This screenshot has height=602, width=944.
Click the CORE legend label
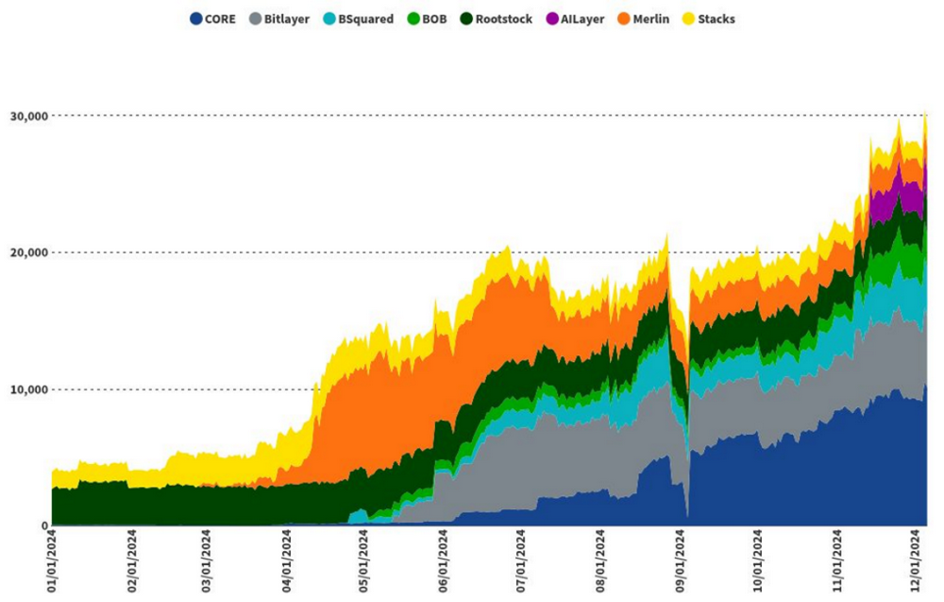(x=220, y=18)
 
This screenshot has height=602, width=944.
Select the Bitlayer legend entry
(x=287, y=18)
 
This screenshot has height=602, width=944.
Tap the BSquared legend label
(x=365, y=18)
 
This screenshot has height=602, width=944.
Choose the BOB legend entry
(x=434, y=18)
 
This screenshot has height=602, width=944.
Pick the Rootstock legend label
(x=502, y=18)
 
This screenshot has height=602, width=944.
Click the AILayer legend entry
(x=580, y=18)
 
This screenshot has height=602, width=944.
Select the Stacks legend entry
(x=716, y=18)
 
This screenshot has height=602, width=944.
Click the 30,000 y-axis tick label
(x=27, y=115)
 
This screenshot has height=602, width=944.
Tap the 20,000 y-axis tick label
(x=27, y=252)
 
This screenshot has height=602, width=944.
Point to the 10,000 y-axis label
(x=27, y=389)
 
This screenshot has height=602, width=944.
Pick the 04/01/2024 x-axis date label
(x=288, y=563)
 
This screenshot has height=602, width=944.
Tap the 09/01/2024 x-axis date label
(x=681, y=563)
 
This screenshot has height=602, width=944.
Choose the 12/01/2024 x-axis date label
(x=915, y=563)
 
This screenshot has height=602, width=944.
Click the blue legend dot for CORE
(x=195, y=18)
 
